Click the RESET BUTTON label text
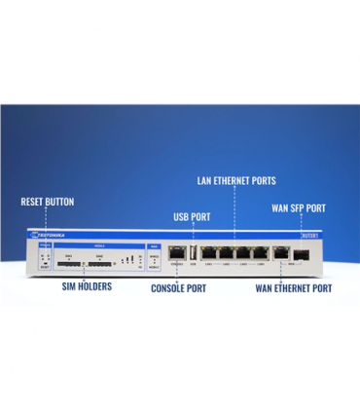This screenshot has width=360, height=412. (x=48, y=202)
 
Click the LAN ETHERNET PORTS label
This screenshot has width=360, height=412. (x=235, y=181)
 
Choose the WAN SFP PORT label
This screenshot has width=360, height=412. (x=297, y=207)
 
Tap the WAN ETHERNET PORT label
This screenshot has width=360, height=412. (x=293, y=288)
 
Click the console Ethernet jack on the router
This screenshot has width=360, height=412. (x=176, y=251)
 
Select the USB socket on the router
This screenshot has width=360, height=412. (x=193, y=252)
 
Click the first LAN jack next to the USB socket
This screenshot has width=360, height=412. (x=209, y=251)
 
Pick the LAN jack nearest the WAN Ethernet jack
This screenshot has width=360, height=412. (x=260, y=251)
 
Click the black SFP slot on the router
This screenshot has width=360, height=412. (x=303, y=252)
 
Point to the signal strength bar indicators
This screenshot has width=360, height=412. (x=126, y=260)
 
